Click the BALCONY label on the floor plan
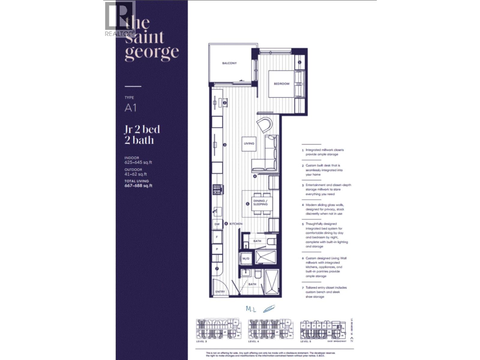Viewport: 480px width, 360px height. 229,63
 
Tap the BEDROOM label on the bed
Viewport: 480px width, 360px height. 281,84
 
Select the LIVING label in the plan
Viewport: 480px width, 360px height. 249,143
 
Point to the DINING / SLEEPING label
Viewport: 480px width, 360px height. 260,202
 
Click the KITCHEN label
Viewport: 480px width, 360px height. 236,224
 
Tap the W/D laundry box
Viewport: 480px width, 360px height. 246,258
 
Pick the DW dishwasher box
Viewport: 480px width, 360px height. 217,224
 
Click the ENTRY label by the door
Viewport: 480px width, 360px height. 220,292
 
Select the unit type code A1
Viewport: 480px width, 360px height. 130,108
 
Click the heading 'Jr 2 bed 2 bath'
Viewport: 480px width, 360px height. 142,135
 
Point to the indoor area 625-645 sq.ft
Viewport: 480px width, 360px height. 138,162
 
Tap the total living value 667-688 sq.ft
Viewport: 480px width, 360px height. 138,186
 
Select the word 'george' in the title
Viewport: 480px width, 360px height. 152,52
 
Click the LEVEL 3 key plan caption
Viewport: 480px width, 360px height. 202,341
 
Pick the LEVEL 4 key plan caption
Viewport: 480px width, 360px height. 253,341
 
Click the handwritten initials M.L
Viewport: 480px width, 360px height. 251,309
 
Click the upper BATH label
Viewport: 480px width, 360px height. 257,241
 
